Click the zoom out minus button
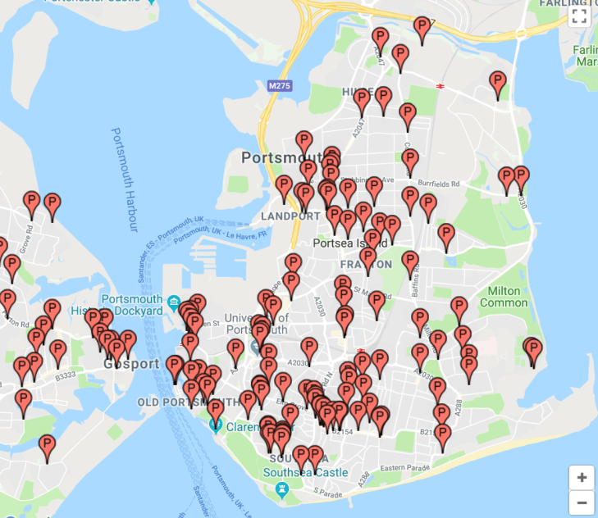[582, 502]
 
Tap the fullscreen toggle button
[579, 16]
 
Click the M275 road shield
[280, 85]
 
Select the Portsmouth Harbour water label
[124, 180]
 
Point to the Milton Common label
[503, 297]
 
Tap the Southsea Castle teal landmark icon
[282, 489]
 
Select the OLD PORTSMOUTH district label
[188, 402]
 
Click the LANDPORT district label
[290, 216]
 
